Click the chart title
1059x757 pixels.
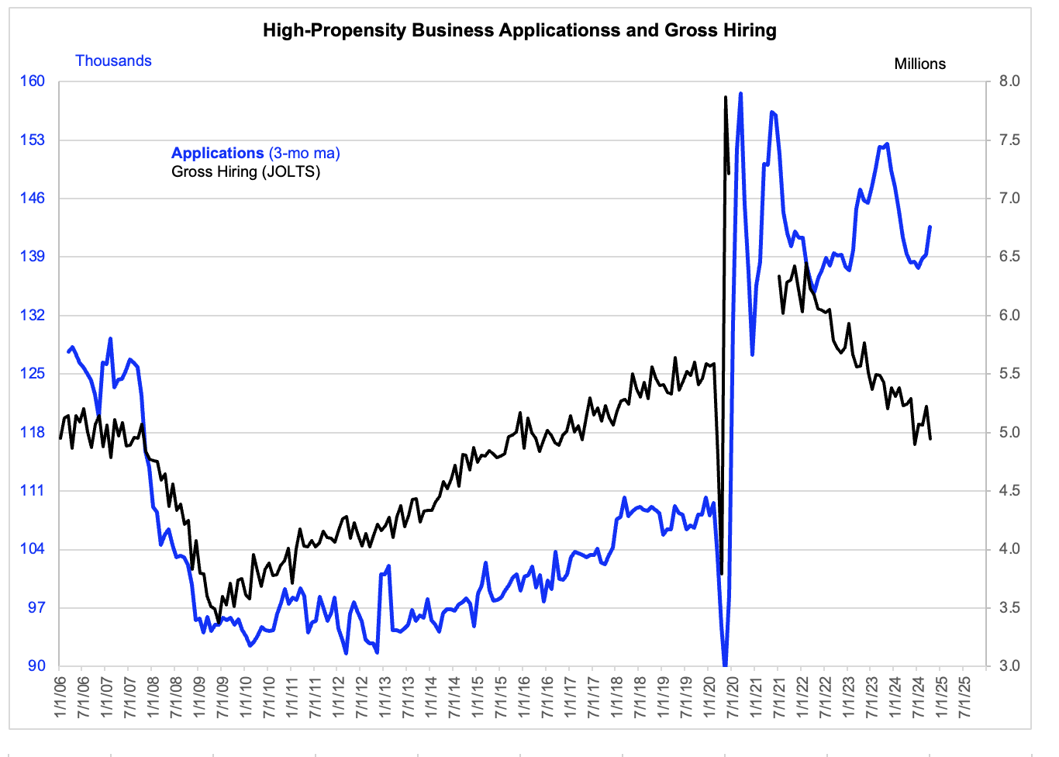pos(519,30)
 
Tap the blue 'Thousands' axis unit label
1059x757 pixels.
pos(113,60)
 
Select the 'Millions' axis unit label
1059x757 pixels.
pos(919,64)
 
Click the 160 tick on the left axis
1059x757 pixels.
pos(32,81)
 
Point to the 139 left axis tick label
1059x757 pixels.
pos(32,256)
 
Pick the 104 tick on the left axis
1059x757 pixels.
pos(32,549)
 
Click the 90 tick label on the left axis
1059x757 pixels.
pos(36,665)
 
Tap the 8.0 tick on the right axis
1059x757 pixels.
pos(1009,81)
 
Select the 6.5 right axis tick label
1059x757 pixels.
pos(1009,256)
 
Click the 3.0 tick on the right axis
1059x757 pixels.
pos(1009,665)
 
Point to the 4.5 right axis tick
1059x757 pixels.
pos(1009,490)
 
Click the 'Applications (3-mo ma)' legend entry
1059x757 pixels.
pos(255,154)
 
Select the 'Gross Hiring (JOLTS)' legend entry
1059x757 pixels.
pos(245,171)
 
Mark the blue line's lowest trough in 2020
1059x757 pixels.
pos(725,665)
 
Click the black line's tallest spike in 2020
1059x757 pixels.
pos(725,97)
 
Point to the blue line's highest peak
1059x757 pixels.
pos(740,94)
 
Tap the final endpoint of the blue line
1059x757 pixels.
pos(930,226)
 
